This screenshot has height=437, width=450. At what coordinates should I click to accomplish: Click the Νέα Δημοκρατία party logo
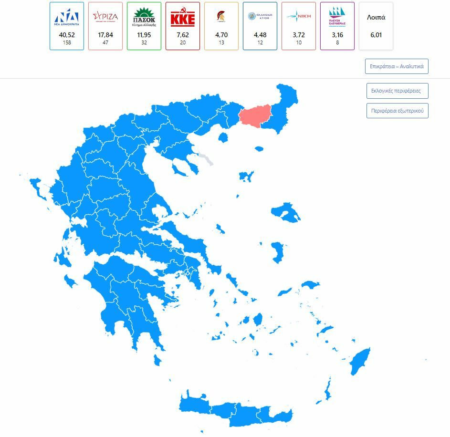click(x=67, y=17)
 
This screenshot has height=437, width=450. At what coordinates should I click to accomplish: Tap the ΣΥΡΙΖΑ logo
click(x=105, y=17)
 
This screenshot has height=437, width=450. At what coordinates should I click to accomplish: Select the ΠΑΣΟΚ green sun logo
click(x=144, y=17)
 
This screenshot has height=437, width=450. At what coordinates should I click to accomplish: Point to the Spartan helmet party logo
click(x=221, y=17)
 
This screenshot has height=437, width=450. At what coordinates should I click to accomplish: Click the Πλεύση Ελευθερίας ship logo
click(x=337, y=18)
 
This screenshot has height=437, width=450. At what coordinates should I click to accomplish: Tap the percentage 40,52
click(x=67, y=35)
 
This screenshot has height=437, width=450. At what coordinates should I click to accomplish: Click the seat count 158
click(x=67, y=42)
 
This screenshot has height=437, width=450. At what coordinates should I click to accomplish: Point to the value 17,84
click(x=105, y=35)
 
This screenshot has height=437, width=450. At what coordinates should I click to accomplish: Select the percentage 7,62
click(x=183, y=35)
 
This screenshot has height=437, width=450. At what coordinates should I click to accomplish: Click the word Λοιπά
click(x=376, y=17)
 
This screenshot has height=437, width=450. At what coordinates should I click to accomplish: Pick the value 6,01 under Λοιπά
click(x=376, y=35)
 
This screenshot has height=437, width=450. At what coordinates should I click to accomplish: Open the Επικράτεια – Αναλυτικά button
click(x=397, y=66)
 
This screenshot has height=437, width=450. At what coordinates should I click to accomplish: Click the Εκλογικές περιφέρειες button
click(x=396, y=91)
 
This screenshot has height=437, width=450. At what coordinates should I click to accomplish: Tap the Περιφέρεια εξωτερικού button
click(x=397, y=111)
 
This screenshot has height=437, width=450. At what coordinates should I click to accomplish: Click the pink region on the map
click(x=254, y=115)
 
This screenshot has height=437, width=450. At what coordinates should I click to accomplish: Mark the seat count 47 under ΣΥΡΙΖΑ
click(x=105, y=42)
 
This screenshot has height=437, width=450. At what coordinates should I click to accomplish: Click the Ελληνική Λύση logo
click(x=260, y=17)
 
